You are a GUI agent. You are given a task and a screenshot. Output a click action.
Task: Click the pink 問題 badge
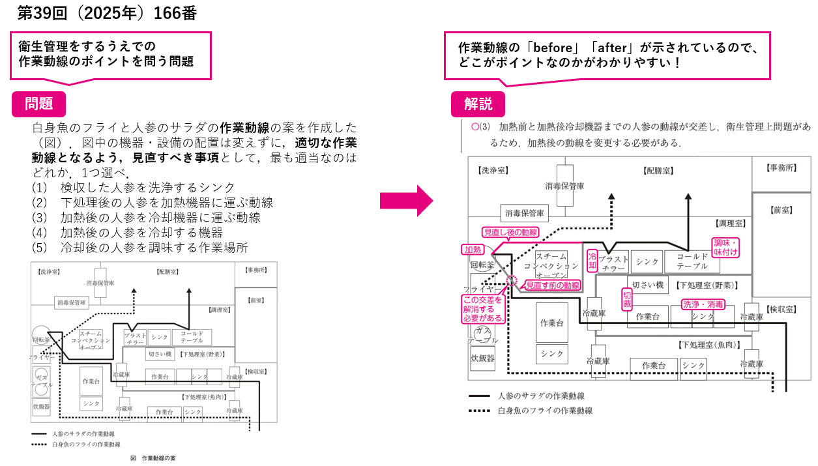39,104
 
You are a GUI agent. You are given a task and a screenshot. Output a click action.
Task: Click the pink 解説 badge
478,104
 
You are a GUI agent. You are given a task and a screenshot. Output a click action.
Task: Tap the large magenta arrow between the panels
406,200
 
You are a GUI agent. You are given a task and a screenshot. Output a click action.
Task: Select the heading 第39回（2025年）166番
107,13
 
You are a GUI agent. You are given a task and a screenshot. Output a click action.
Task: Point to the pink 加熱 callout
473,250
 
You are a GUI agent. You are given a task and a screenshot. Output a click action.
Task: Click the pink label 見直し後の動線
510,232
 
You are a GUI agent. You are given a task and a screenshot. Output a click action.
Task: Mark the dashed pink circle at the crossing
512,281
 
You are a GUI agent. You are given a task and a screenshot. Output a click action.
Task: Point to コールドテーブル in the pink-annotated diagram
692,261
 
